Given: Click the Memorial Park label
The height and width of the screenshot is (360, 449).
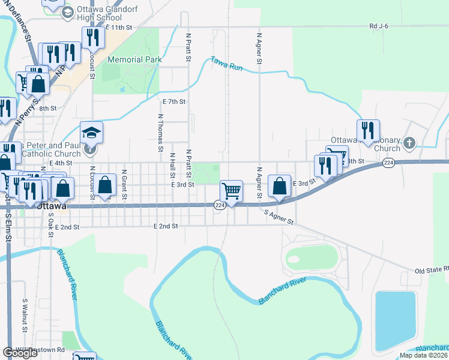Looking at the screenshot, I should point(134,59).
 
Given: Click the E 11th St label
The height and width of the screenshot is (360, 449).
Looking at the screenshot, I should point(118,28).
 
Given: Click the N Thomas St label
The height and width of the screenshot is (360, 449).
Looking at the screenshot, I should point(161,132).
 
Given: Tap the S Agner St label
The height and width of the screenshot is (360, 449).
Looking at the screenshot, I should point(279,216).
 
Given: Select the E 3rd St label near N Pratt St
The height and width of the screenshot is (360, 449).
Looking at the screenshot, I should point(182,185).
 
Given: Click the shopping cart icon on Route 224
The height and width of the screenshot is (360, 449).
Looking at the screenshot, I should point(231,191).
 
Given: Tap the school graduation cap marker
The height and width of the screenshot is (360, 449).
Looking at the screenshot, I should point(92,132).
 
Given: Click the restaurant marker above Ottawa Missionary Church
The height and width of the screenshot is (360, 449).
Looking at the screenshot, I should point(367,130).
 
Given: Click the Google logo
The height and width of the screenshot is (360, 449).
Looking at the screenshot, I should point(20,353).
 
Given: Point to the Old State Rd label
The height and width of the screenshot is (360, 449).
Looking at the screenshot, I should point(431,271).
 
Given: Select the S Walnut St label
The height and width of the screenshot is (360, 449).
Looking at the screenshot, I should point(25,316).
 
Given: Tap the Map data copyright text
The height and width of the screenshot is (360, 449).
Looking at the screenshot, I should point(424,355).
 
